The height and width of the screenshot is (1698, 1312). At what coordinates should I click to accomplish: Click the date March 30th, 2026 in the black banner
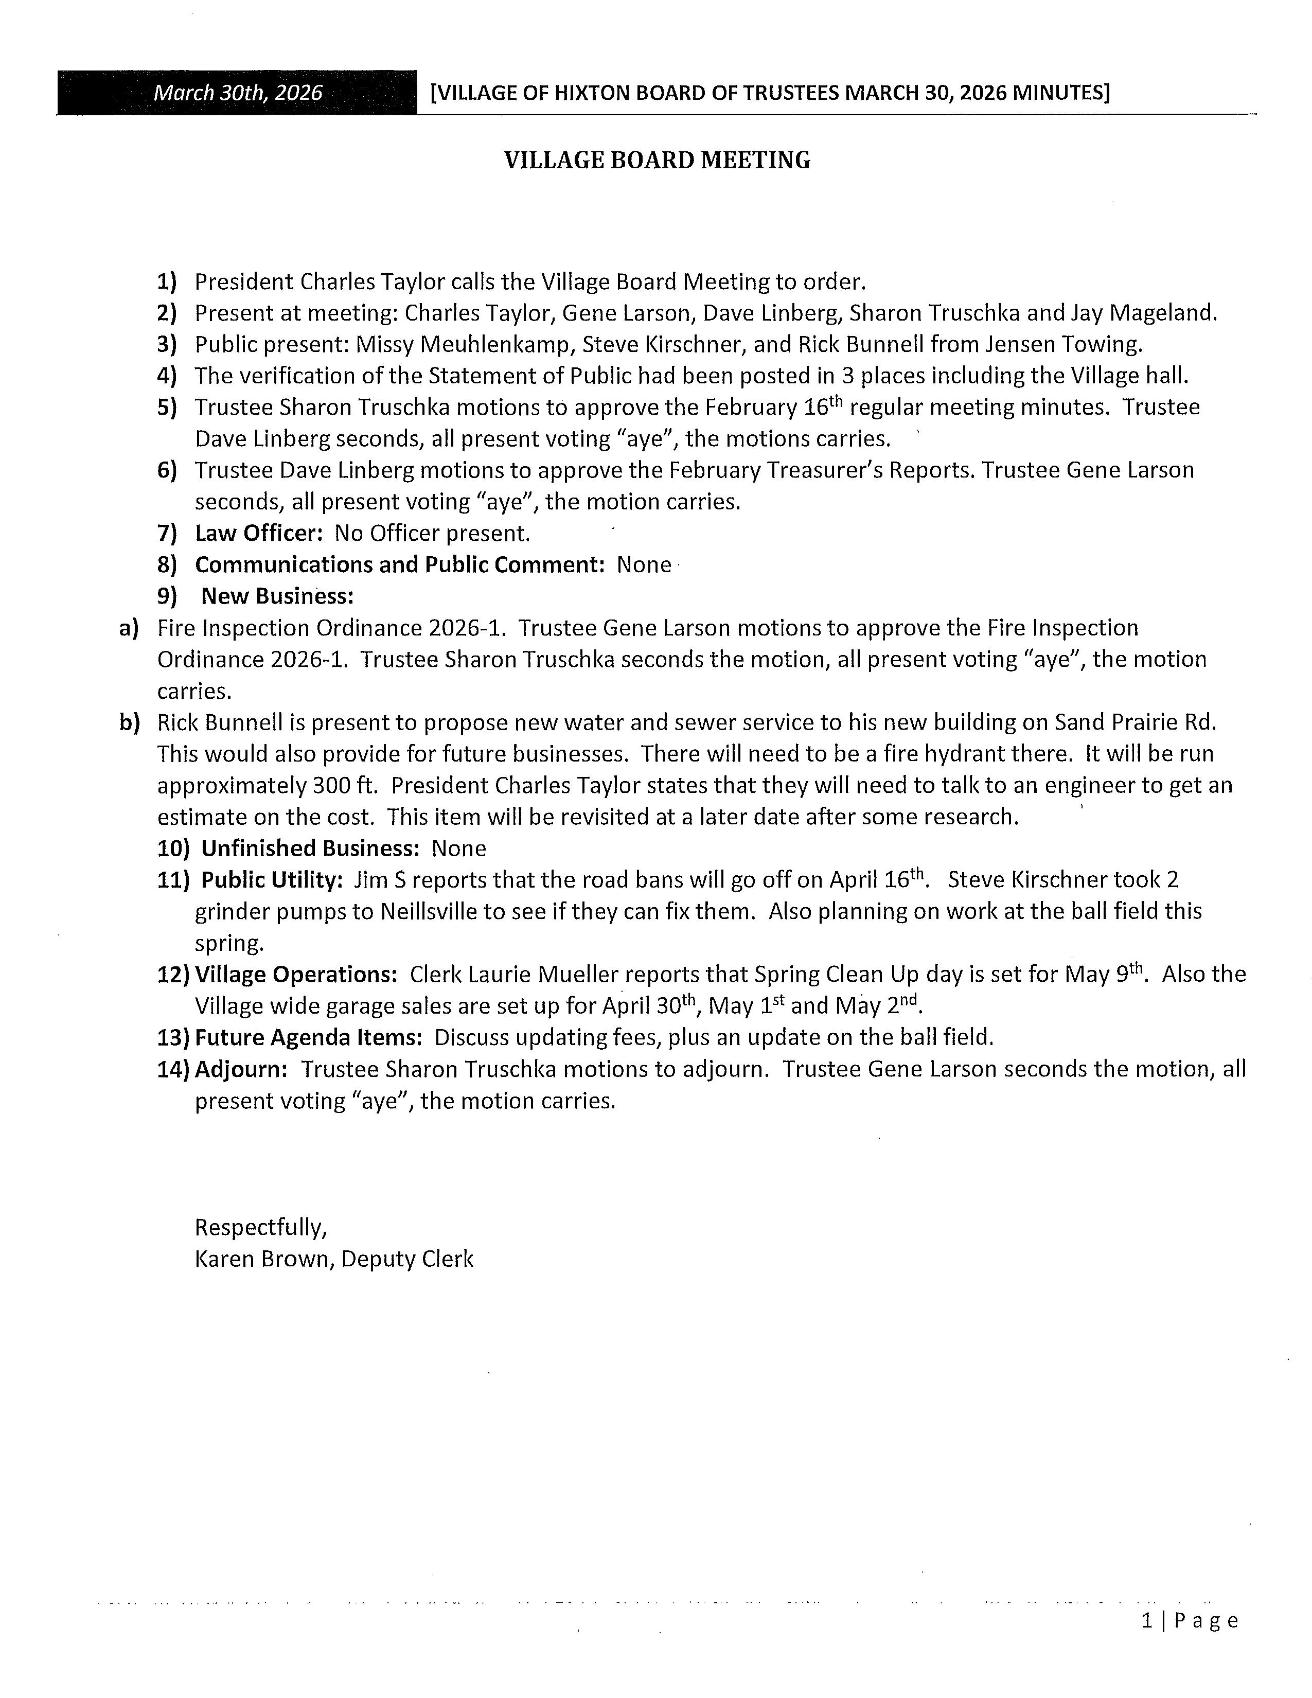click(237, 93)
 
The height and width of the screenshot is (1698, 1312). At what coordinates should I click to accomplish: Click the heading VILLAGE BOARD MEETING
click(657, 160)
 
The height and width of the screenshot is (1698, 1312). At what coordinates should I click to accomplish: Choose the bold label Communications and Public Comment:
click(399, 564)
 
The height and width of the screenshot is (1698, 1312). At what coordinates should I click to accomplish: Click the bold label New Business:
click(277, 596)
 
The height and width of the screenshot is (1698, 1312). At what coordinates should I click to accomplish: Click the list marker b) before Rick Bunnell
click(129, 723)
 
